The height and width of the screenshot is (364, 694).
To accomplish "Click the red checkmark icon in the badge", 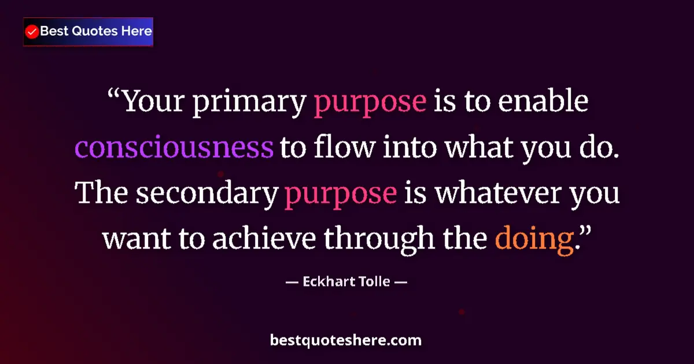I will click(32, 32).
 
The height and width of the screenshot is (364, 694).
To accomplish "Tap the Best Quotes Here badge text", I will click(96, 31).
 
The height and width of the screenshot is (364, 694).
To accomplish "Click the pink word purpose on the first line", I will click(370, 102).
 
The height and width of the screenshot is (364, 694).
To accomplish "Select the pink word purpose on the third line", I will click(340, 194).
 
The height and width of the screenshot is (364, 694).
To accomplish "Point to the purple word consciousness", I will click(174, 147).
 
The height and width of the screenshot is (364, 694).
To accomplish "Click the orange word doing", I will click(534, 239).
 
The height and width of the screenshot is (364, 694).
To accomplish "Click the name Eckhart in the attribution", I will click(324, 283).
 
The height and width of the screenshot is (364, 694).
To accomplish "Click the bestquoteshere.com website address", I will click(346, 340).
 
